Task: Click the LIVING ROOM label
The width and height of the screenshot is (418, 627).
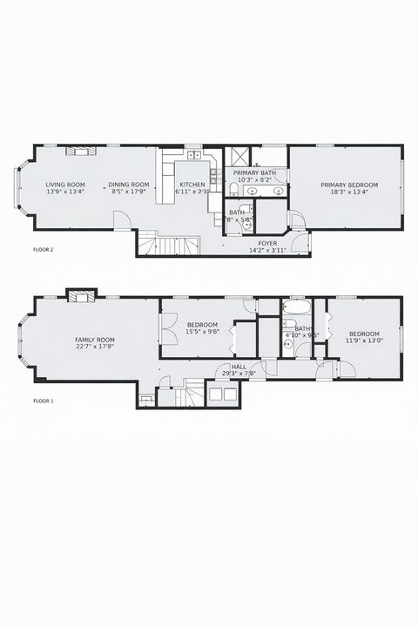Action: (x=65, y=185)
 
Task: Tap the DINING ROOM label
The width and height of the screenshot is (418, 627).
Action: (x=129, y=185)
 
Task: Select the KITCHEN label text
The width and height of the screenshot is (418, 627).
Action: (x=192, y=185)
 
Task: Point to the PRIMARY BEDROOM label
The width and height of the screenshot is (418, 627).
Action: (x=348, y=185)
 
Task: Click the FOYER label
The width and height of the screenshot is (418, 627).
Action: (x=267, y=244)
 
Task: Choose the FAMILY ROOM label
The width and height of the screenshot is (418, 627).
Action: (x=95, y=340)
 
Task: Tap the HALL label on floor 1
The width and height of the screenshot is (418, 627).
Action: (x=238, y=367)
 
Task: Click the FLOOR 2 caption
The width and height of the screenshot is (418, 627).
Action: (x=44, y=250)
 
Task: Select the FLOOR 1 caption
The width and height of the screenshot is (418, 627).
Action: (x=44, y=401)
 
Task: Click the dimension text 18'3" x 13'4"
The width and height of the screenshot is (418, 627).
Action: (x=348, y=192)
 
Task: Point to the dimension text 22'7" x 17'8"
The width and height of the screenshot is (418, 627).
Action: (x=95, y=347)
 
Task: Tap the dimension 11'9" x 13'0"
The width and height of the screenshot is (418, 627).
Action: (x=364, y=341)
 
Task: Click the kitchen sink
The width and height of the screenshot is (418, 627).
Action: (x=193, y=157)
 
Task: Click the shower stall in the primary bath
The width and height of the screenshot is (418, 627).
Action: (x=236, y=158)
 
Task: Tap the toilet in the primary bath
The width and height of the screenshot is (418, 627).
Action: (x=234, y=188)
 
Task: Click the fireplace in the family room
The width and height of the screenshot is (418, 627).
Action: (x=82, y=294)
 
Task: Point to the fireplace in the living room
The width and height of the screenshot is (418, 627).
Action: (x=83, y=151)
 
